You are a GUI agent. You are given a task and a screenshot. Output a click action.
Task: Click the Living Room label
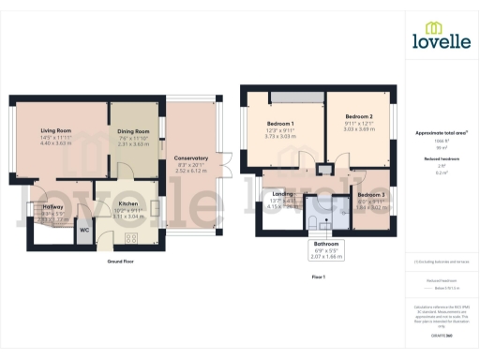point(57,130)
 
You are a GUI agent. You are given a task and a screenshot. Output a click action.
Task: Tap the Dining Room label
point(133,131)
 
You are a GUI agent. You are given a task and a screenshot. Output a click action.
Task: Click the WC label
point(83,229)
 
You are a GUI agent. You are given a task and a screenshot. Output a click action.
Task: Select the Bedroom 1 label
point(279,124)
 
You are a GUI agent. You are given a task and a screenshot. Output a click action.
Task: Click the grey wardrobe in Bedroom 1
point(294,97)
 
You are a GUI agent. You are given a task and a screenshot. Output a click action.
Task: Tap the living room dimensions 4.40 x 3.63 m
point(57,143)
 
